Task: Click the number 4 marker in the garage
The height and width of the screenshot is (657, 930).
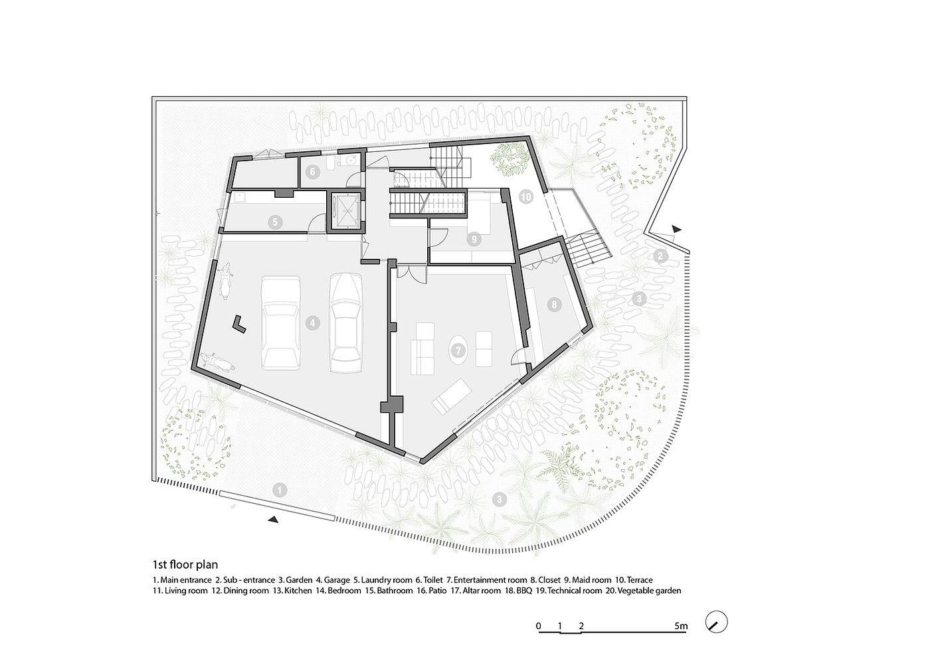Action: tap(313, 323)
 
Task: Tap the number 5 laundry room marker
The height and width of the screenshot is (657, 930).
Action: tap(275, 222)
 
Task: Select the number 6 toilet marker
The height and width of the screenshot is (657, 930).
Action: tap(313, 172)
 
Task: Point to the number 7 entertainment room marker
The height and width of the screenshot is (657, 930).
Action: tap(458, 350)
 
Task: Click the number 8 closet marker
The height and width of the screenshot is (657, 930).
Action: tap(554, 305)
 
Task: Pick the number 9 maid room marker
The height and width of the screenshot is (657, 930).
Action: tap(474, 239)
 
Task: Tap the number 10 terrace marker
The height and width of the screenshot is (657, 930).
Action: tap(525, 196)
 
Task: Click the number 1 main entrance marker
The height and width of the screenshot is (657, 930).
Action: tap(280, 490)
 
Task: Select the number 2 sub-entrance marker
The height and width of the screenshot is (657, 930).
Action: tap(660, 256)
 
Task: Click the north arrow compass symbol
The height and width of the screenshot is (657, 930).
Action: tap(716, 622)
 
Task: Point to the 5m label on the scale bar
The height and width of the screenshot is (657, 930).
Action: tap(681, 626)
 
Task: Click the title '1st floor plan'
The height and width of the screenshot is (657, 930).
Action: tap(185, 565)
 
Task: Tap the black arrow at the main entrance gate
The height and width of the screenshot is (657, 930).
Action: tap(273, 519)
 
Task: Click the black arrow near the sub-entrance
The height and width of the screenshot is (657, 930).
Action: tap(677, 229)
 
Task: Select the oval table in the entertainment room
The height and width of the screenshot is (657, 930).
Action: tap(458, 350)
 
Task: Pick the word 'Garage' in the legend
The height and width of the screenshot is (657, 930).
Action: tap(337, 580)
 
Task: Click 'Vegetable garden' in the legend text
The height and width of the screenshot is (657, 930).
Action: tap(650, 591)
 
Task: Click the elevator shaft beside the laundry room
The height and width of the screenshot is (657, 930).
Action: tap(345, 211)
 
